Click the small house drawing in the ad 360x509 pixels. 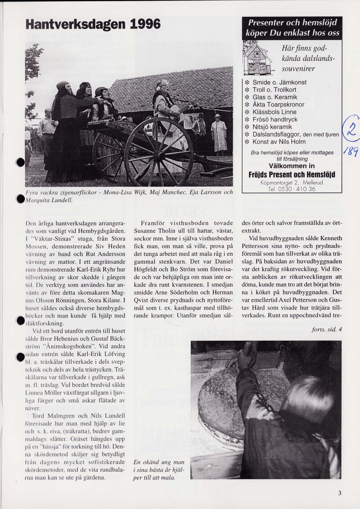coord(257,59)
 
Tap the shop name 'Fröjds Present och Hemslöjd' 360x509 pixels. coord(292,174)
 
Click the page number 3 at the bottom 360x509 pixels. coord(340,493)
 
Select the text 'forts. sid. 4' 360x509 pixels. coord(326,330)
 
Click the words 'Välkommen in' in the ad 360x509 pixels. coord(292,165)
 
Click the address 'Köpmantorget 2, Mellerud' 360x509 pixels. coord(292,182)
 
